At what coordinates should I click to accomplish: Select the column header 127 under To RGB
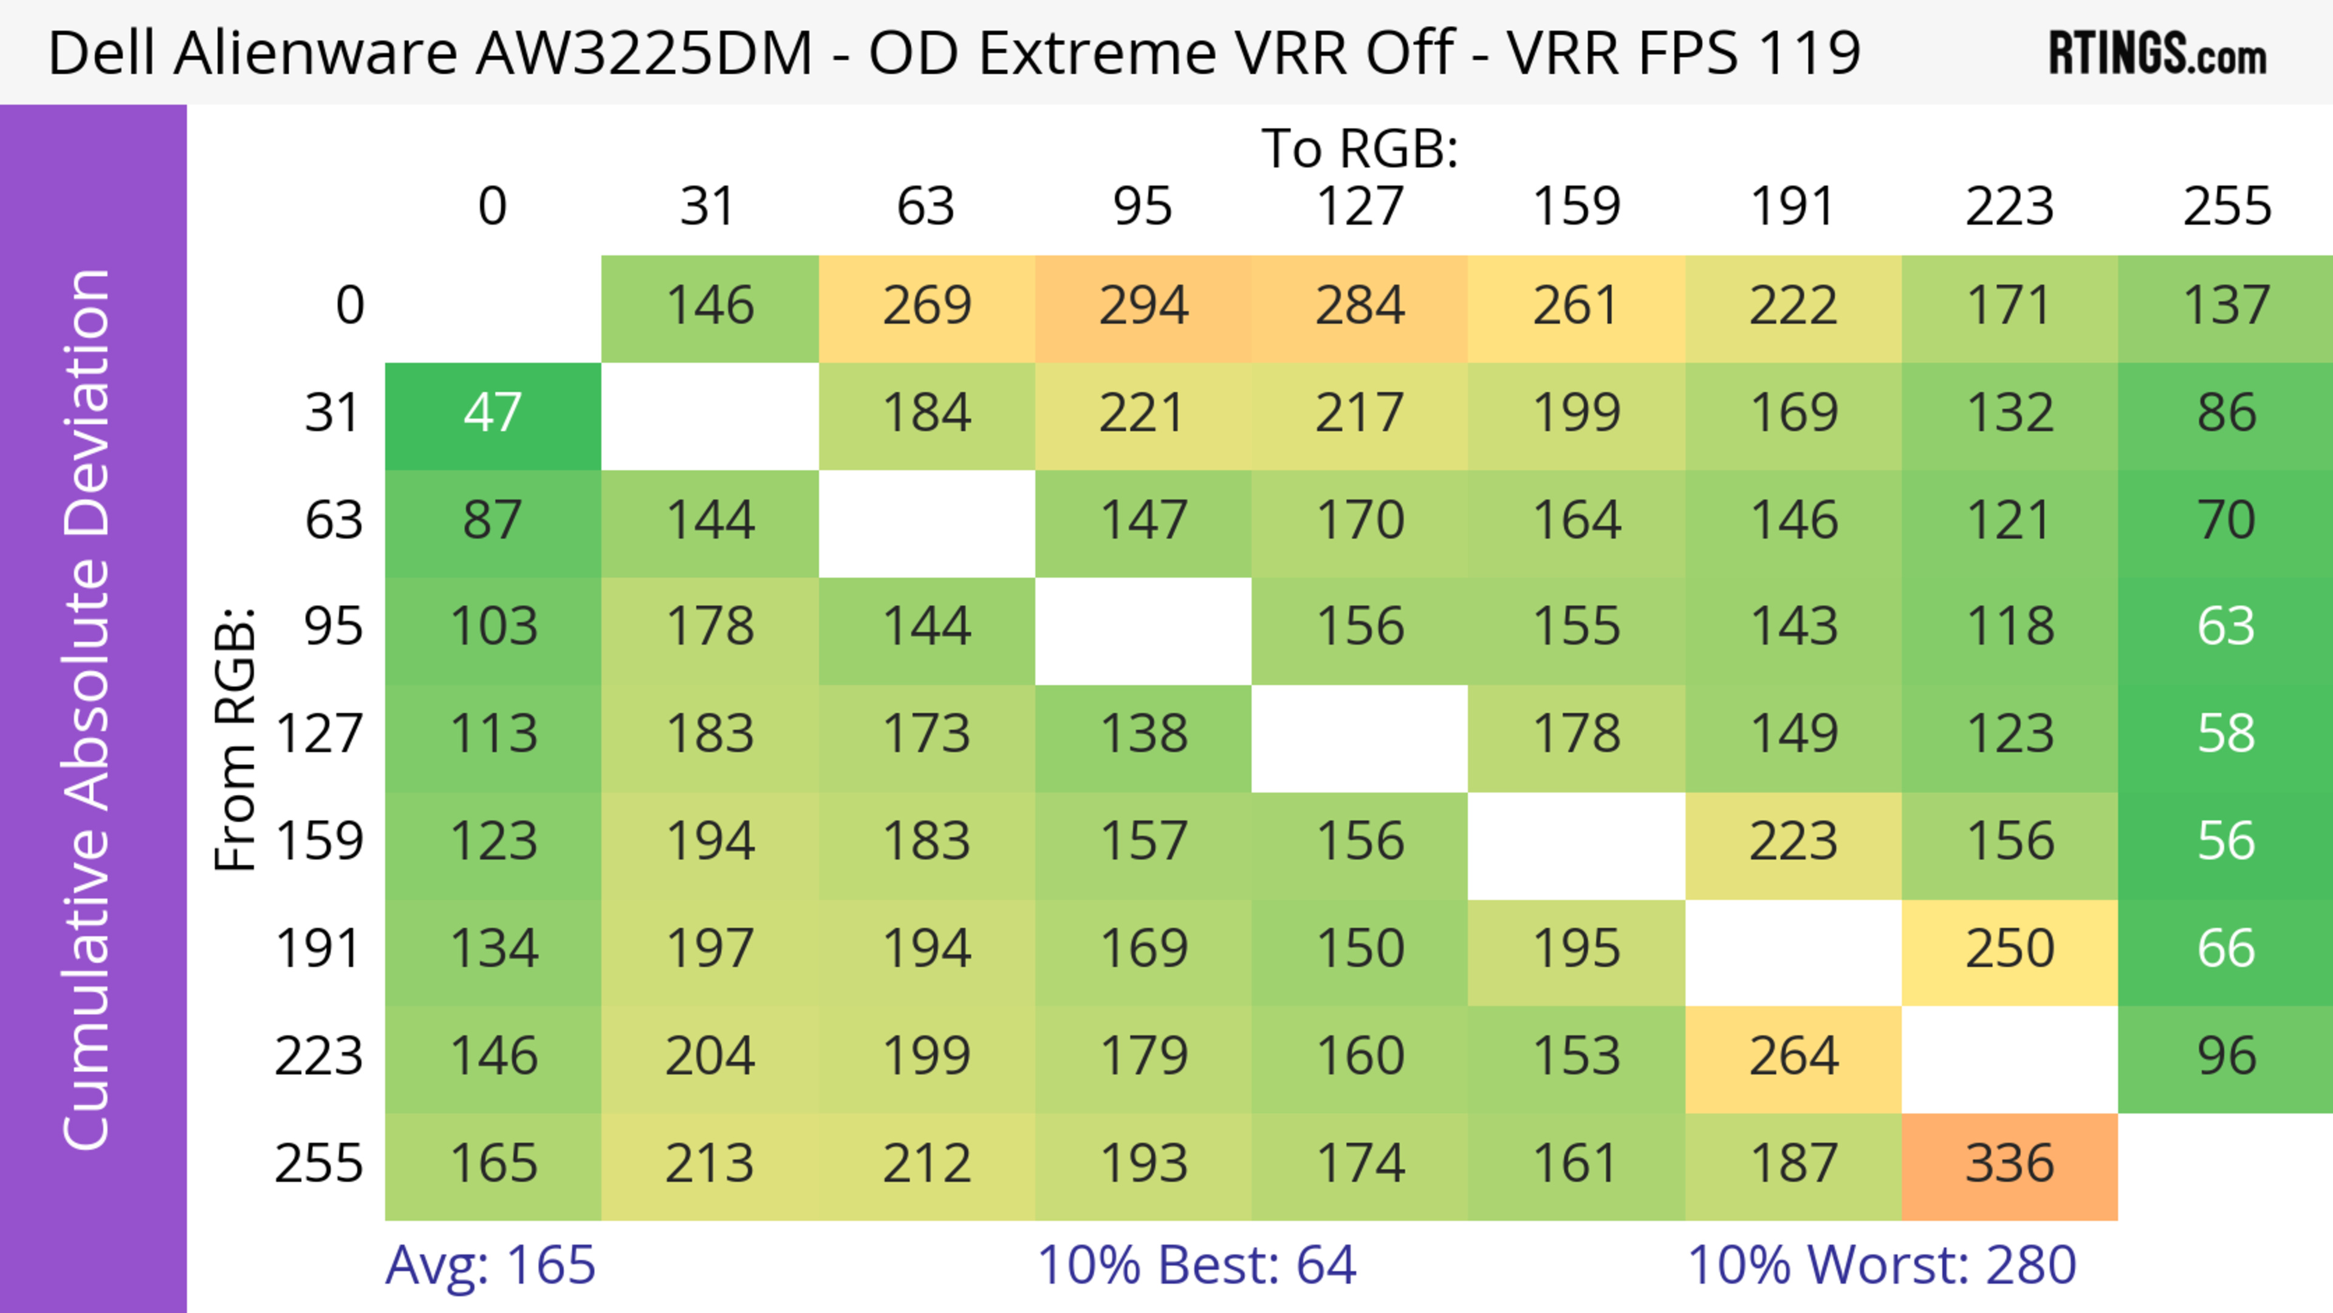(1360, 207)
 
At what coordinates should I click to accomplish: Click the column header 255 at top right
(2226, 207)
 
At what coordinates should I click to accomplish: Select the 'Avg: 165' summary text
(490, 1265)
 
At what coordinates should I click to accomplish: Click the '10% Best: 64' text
(1196, 1265)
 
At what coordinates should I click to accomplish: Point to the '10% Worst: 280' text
(1881, 1265)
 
